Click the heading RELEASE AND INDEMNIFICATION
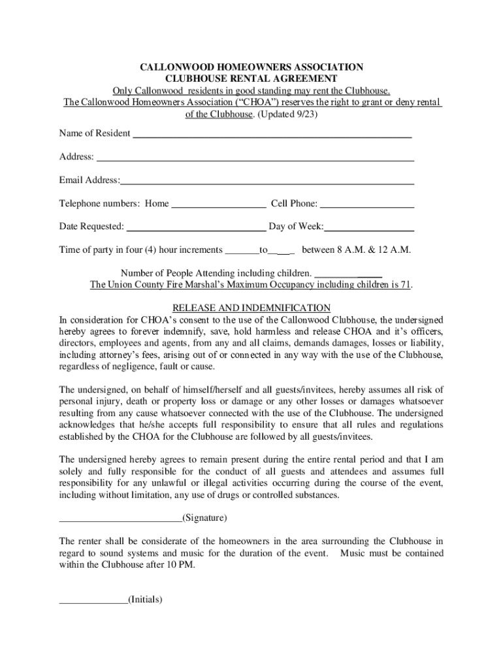click(x=251, y=308)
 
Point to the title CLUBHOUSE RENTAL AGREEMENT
click(x=251, y=78)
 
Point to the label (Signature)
click(x=205, y=518)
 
